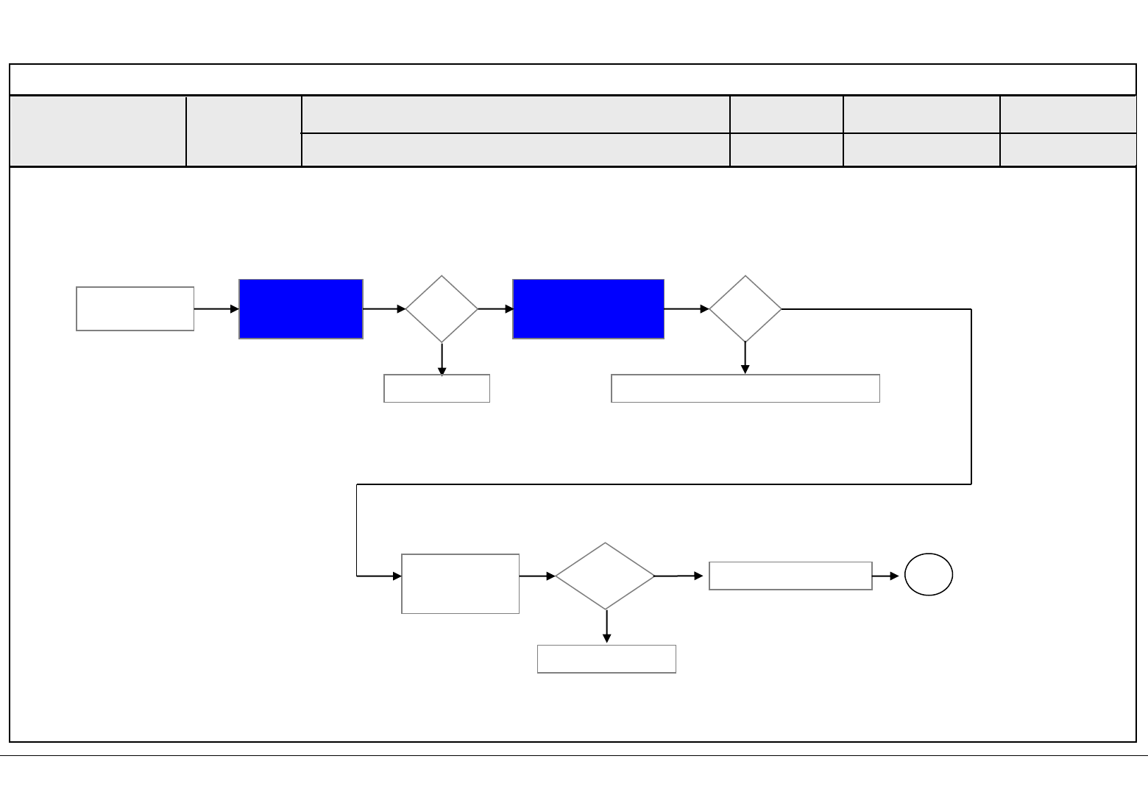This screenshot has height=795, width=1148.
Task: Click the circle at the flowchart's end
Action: click(x=929, y=574)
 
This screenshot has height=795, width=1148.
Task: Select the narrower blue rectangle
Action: click(x=301, y=309)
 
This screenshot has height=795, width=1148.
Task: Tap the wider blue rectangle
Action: click(x=589, y=309)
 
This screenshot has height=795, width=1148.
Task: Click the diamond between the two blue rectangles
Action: click(x=442, y=309)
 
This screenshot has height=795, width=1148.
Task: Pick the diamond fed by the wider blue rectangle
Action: click(x=745, y=309)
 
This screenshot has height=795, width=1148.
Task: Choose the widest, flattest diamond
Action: click(x=605, y=576)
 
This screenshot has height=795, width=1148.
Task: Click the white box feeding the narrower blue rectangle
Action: click(x=135, y=309)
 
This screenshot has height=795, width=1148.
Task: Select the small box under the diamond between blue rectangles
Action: click(x=436, y=389)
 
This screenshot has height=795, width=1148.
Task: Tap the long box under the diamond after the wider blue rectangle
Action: click(x=745, y=389)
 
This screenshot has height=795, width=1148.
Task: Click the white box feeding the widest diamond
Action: click(x=460, y=584)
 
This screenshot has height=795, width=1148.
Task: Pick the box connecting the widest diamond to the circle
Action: click(x=790, y=576)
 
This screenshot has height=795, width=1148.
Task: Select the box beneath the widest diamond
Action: click(x=606, y=659)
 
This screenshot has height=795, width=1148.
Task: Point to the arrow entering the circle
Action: click(x=886, y=576)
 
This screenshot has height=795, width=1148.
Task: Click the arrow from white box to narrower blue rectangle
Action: click(x=216, y=309)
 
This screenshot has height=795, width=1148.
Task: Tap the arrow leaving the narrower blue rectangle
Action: click(x=384, y=309)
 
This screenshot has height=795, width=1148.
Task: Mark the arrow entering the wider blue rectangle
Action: click(x=496, y=309)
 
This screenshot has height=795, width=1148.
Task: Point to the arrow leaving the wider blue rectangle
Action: click(x=687, y=309)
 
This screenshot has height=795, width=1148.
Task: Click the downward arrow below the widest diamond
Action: click(x=606, y=626)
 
